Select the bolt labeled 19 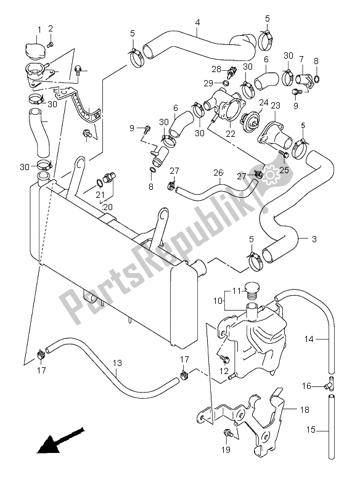[230, 433]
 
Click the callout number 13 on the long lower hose [118, 363]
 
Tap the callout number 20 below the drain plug [108, 206]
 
